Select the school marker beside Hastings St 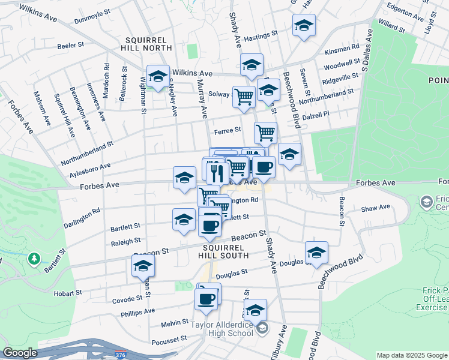pos(304,26)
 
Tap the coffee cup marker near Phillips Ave pos(206,298)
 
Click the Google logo pos(20,353)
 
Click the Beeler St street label pos(70,46)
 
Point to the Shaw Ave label pos(375,208)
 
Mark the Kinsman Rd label pos(342,45)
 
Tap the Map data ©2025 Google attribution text pos(412,355)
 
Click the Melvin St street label pos(175,323)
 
